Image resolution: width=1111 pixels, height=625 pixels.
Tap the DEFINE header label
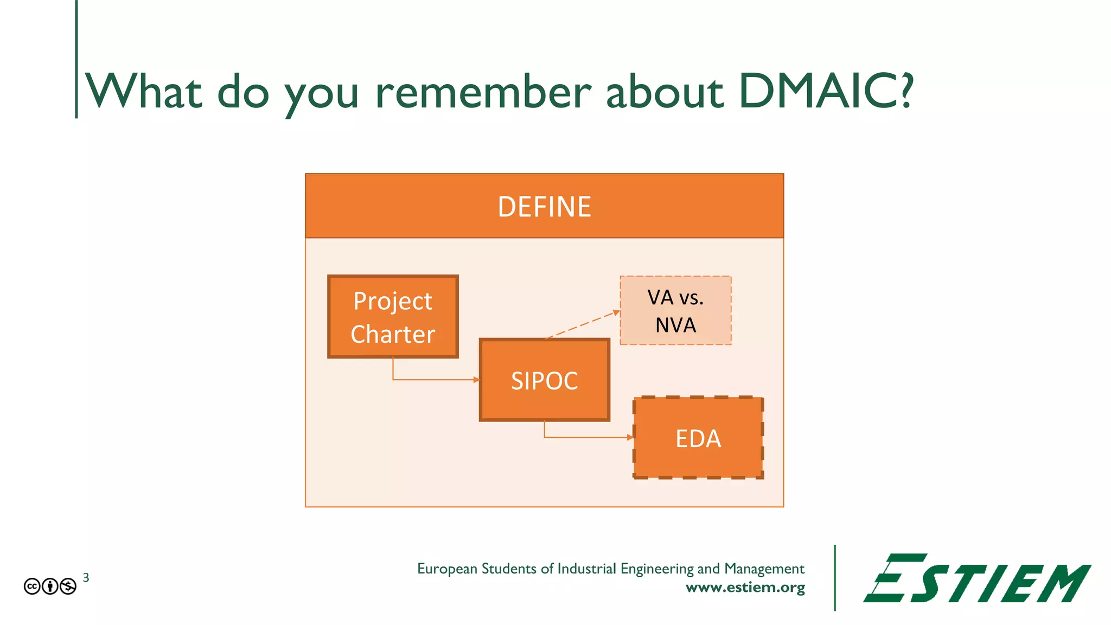[x=544, y=207]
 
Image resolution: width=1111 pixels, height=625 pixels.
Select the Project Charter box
[x=393, y=317]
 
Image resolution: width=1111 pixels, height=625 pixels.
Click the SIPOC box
[x=544, y=380]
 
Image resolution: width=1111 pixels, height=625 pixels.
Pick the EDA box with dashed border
[x=698, y=438]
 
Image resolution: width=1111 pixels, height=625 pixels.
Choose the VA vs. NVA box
[x=675, y=311]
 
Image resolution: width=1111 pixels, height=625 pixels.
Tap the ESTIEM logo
[x=976, y=578]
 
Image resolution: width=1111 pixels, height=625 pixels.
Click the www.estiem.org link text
[x=745, y=588]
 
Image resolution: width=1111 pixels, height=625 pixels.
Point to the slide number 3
[x=86, y=578]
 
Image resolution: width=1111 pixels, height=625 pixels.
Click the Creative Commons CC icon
[x=32, y=586]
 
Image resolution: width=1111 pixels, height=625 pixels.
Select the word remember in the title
[x=483, y=92]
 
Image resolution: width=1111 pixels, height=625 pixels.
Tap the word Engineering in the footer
[x=657, y=569]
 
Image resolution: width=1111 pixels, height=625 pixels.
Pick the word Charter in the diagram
[x=393, y=334]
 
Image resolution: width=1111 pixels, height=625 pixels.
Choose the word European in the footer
[x=447, y=569]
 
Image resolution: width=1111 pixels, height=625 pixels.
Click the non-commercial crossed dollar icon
[x=68, y=586]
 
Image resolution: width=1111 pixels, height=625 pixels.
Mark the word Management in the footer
[x=764, y=569]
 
